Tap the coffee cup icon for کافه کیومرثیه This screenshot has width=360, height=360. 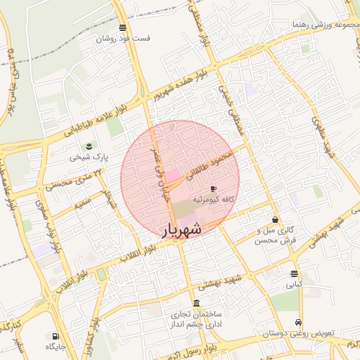coord(213,189)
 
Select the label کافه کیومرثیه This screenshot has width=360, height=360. coord(213,200)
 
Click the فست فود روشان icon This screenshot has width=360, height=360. coord(124,28)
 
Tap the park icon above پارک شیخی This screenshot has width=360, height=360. coord(89,146)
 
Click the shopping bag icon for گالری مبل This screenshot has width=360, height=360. coord(275,219)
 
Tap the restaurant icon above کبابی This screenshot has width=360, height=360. coord(293,274)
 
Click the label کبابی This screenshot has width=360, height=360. coord(293,285)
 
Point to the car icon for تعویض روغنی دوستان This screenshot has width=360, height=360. coord(300,323)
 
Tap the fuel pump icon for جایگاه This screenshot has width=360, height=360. coord(55,336)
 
